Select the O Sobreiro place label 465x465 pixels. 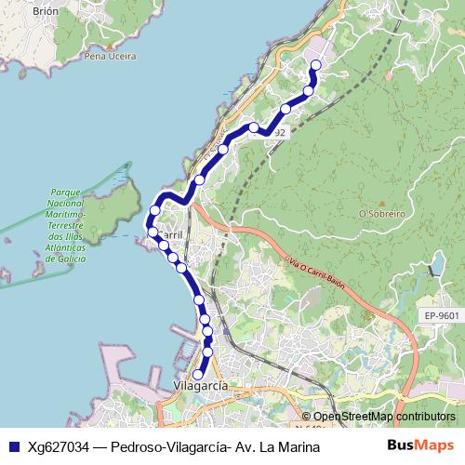(x=381, y=213)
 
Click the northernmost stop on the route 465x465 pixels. (x=315, y=64)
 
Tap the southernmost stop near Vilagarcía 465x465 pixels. (x=197, y=374)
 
